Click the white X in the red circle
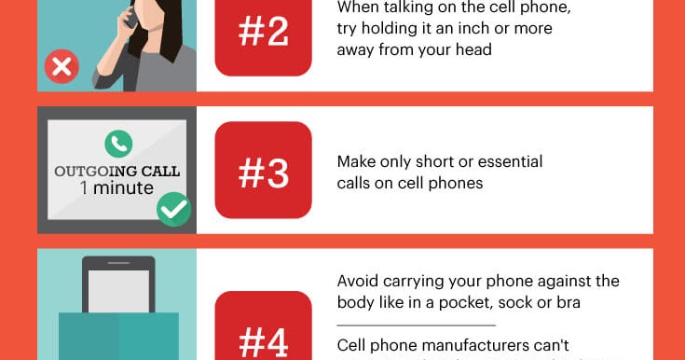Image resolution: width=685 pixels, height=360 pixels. point(63,67)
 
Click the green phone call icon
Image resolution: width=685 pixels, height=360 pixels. point(118,143)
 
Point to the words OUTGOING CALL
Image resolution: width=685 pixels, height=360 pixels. point(116,172)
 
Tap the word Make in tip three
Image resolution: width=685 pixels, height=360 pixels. point(357,162)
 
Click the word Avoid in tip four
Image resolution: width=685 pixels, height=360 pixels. point(358,281)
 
